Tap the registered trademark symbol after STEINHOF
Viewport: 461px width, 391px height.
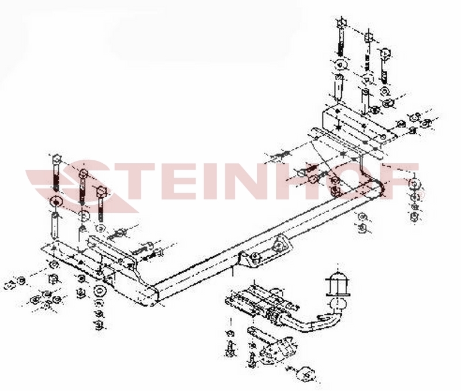point(421,195)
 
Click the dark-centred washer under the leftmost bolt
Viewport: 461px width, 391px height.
point(55,202)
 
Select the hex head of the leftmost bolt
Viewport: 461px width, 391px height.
point(56,160)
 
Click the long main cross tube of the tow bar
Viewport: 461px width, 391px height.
point(264,238)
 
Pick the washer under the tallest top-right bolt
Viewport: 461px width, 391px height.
point(339,65)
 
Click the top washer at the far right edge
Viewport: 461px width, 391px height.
point(414,183)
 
